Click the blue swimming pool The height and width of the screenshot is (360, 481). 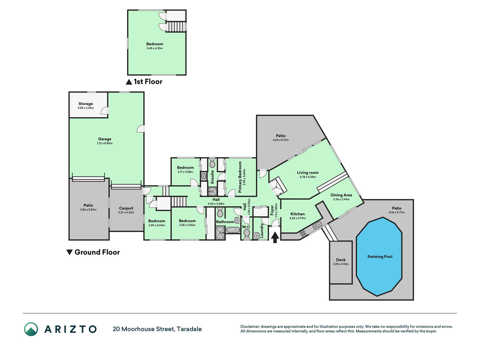(379, 256)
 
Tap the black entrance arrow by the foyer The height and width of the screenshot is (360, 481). (275, 238)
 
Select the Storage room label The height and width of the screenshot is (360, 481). (86, 104)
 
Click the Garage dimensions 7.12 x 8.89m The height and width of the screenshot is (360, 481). (105, 143)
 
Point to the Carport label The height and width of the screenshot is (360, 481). (126, 208)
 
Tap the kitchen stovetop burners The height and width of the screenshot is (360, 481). (303, 233)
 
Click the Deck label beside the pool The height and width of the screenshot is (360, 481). (341, 260)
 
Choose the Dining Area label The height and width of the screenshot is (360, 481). (341, 195)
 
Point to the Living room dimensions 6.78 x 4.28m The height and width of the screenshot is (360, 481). (308, 177)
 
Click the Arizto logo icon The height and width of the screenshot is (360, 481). (31, 329)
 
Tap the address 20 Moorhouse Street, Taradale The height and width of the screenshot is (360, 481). (157, 329)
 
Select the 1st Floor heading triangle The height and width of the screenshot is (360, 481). (129, 82)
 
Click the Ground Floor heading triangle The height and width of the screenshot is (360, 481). (69, 252)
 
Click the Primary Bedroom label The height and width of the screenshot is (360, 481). (240, 177)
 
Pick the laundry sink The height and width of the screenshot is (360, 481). (256, 236)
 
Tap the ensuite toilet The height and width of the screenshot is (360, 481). (212, 163)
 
